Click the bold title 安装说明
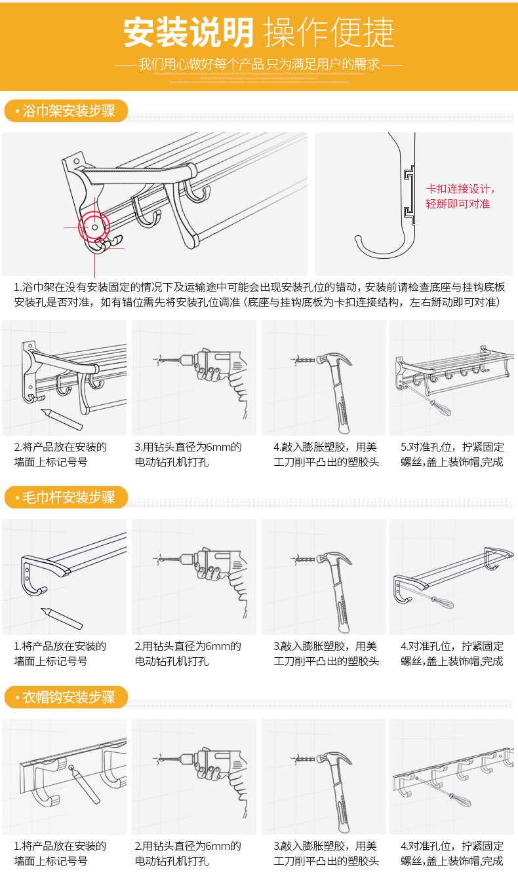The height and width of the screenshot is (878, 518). (189, 32)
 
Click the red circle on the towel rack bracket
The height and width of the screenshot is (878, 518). (94, 227)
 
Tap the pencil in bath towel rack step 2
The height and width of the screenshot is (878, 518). (62, 419)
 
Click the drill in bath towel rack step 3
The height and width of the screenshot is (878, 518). (216, 373)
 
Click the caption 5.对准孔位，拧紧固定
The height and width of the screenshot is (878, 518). (452, 448)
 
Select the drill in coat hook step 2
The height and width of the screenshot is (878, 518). (216, 770)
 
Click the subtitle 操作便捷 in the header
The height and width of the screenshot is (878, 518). (329, 32)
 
